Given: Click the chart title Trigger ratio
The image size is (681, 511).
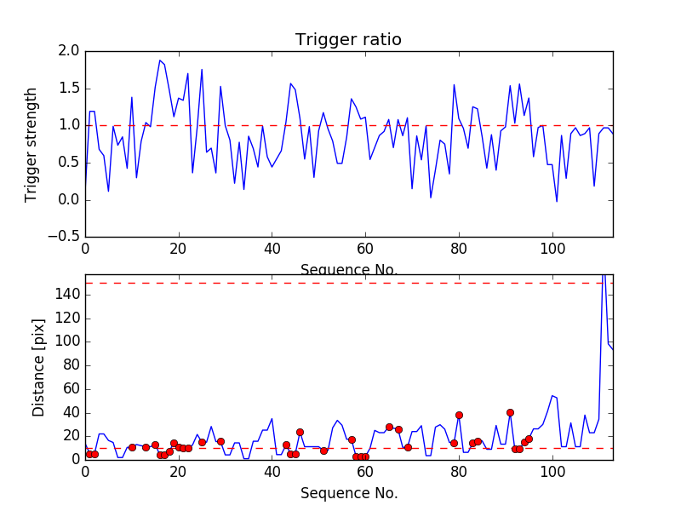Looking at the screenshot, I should click(x=348, y=40).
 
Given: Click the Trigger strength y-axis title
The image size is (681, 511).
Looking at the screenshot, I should click(x=31, y=145).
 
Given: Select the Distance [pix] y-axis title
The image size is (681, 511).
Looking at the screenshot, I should click(x=38, y=369).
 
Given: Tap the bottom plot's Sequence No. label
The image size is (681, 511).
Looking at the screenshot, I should click(x=348, y=493).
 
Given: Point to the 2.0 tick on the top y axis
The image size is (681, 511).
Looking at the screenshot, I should click(x=70, y=51).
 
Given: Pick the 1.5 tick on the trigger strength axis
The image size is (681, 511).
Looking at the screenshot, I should click(x=70, y=89).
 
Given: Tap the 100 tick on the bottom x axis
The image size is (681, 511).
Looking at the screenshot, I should click(x=552, y=471).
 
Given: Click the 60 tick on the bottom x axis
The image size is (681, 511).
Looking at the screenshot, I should click(x=366, y=471).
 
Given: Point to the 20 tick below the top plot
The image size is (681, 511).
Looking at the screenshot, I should click(x=179, y=249).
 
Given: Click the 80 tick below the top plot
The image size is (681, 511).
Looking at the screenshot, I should click(x=459, y=249).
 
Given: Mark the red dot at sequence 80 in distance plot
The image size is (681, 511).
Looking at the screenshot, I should click(x=459, y=415).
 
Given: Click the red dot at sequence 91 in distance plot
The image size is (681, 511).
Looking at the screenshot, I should click(x=510, y=412).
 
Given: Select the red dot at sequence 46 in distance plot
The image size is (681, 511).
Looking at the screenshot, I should click(x=300, y=432).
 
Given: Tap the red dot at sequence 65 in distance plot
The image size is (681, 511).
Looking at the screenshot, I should click(x=389, y=427).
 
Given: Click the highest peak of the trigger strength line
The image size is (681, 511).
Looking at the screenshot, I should click(x=160, y=60).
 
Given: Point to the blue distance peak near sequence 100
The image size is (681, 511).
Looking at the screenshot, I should click(x=552, y=395).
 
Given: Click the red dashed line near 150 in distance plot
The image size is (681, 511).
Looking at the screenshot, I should click(x=340, y=283).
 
